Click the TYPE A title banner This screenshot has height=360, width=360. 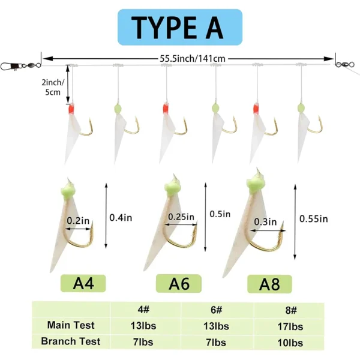pos(180,27)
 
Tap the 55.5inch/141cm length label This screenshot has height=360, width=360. pos(193,59)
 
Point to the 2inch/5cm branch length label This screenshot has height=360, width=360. pos(53,87)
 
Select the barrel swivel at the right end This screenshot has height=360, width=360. pos(342,64)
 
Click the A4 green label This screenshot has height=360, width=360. pos(83,283)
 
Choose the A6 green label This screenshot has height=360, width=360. pos(179,284)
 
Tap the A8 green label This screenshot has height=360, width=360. pos(269,284)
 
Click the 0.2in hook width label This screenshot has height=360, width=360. pos(78,221)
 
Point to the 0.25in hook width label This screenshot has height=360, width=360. pos(181,217)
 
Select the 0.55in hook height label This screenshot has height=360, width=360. pos(314,219)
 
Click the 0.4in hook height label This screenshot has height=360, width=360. pos(121,218)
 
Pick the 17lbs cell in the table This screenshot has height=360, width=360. pos(290,326)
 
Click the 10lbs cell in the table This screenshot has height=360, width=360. pos(290,343)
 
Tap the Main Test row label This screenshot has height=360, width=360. pos(71,325)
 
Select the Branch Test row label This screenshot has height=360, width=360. pos(71,341)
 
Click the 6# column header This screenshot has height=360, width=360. pos(216,310)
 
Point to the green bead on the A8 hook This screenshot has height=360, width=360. pos(256,183)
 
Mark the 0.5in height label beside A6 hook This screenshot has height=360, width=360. pos(220,214)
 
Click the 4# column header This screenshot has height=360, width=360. pos(143,310)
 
